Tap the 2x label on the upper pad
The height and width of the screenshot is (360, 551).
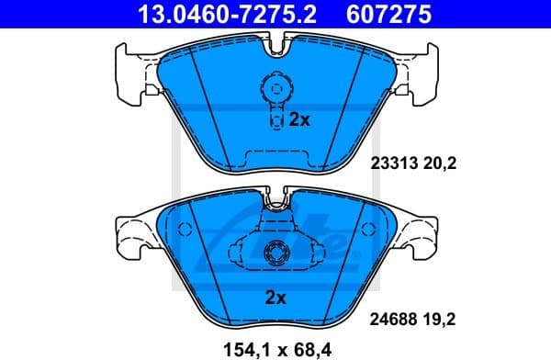pyautogui.click(x=300, y=119)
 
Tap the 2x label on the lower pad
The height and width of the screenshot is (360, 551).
pyautogui.click(x=275, y=297)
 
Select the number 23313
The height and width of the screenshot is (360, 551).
pyautogui.click(x=394, y=164)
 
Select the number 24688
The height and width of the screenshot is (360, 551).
pyautogui.click(x=394, y=321)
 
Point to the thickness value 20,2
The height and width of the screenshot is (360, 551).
pyautogui.click(x=441, y=164)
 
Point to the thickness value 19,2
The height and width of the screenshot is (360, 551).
pyautogui.click(x=441, y=321)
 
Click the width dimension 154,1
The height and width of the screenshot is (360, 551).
pyautogui.click(x=248, y=347)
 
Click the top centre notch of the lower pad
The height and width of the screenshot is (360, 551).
pyautogui.click(x=275, y=200)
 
